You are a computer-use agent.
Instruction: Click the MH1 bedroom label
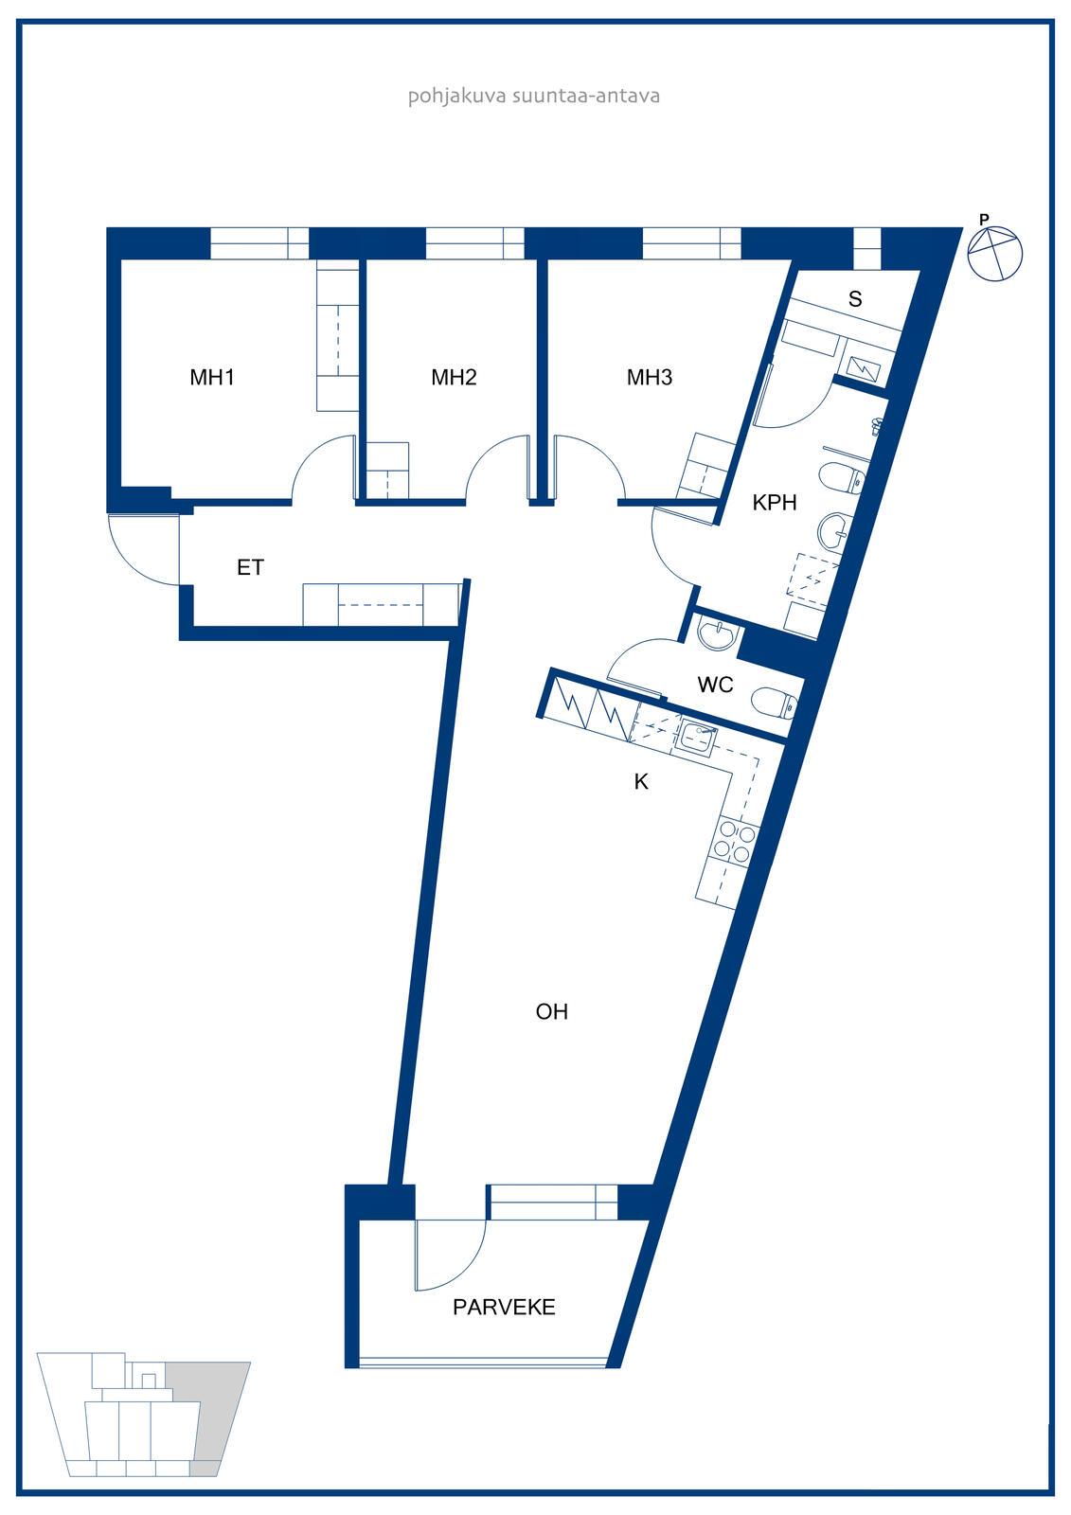[x=212, y=378]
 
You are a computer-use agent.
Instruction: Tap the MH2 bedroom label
[x=454, y=378]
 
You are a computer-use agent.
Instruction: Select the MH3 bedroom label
[x=650, y=378]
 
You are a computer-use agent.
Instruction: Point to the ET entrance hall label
[x=250, y=567]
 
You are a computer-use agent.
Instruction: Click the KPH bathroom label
[x=775, y=503]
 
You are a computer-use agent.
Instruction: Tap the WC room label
[x=715, y=686]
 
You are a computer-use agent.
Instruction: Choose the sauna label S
[x=855, y=299]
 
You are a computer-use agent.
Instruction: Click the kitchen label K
[x=641, y=782]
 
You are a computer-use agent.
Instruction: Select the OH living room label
[x=551, y=1012]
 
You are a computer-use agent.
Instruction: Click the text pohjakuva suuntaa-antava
[x=534, y=96]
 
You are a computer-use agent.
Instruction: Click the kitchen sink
[x=697, y=735]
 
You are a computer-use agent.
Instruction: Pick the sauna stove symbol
[x=862, y=368]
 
